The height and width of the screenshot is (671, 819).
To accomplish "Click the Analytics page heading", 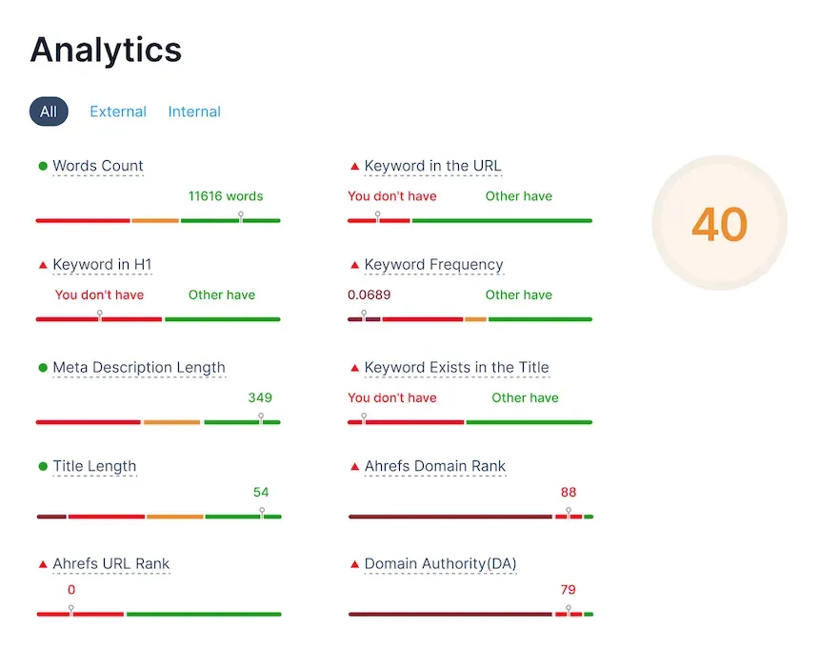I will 106,50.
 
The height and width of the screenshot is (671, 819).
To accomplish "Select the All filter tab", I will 49,112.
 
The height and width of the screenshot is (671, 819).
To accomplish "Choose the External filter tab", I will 118,112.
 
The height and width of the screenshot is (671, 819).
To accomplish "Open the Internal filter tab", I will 194,112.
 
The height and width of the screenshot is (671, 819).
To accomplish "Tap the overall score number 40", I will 719,225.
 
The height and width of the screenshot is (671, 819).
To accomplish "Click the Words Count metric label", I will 98,166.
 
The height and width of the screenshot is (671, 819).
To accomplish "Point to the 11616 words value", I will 226,196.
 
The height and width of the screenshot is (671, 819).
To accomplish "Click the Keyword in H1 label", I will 102,265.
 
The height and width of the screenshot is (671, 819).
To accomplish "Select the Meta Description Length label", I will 139,368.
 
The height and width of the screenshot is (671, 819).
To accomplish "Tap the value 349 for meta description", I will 260,397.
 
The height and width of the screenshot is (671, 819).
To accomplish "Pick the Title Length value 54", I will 261,493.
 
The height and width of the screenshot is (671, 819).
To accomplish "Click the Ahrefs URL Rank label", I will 111,564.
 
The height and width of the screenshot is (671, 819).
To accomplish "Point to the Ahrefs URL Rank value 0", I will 71,590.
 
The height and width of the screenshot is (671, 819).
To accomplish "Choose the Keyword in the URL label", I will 433,166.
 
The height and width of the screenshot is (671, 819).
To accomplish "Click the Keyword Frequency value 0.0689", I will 370,295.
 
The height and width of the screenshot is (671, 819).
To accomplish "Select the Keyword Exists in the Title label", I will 457,368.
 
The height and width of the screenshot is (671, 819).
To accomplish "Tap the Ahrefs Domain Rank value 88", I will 569,493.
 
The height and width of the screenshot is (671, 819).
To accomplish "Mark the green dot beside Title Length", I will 43,467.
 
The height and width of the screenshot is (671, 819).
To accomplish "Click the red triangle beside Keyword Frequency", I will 355,265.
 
